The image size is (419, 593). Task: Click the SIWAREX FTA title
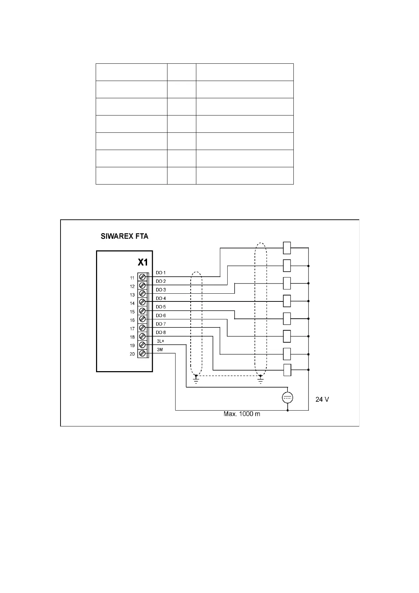(125, 236)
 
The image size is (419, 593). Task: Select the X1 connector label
(143, 262)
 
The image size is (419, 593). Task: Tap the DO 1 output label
(160, 273)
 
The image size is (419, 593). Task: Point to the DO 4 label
(160, 298)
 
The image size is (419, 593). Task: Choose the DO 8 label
(160, 332)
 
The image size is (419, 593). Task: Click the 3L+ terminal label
(160, 341)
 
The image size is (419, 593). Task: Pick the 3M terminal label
(160, 349)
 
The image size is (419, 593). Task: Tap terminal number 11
(132, 278)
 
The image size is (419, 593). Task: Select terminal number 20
(132, 354)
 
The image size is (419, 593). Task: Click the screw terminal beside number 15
(142, 311)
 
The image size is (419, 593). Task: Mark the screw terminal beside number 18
(142, 336)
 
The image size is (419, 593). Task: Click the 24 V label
(322, 400)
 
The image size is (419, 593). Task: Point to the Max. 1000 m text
(242, 414)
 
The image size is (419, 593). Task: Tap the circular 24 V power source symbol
(287, 398)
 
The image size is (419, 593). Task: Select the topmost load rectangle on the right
(287, 248)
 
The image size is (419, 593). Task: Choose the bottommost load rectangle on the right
(287, 370)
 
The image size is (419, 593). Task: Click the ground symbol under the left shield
(196, 380)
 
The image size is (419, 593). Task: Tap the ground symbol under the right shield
(260, 380)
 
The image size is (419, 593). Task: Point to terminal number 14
(132, 304)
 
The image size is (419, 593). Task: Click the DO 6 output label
(160, 316)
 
